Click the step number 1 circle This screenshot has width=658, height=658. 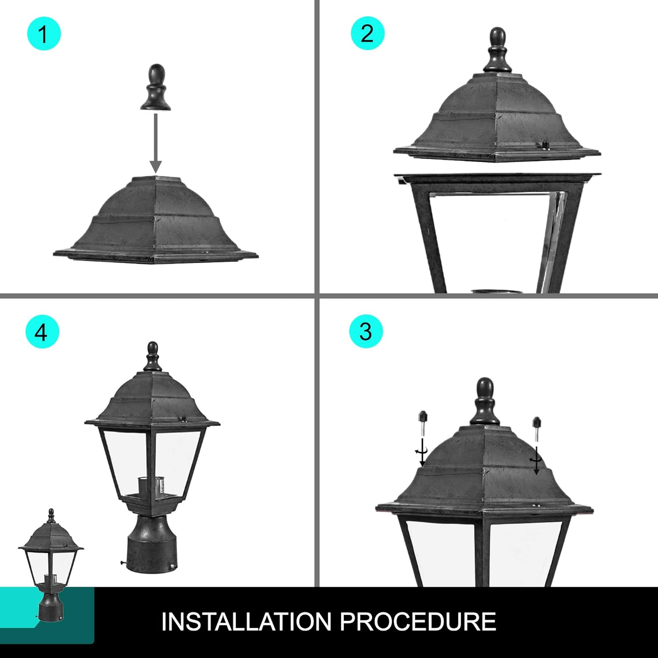coord(43,33)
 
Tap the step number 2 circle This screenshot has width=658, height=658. coord(367,33)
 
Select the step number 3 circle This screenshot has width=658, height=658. coord(366,331)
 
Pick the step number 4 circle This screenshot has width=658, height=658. coord(42,332)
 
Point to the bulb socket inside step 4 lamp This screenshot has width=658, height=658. coord(145,487)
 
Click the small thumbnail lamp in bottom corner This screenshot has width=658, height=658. coord(51,566)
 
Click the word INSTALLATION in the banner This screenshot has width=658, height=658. coord(246,622)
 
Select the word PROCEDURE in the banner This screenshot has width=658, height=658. coord(418,622)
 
